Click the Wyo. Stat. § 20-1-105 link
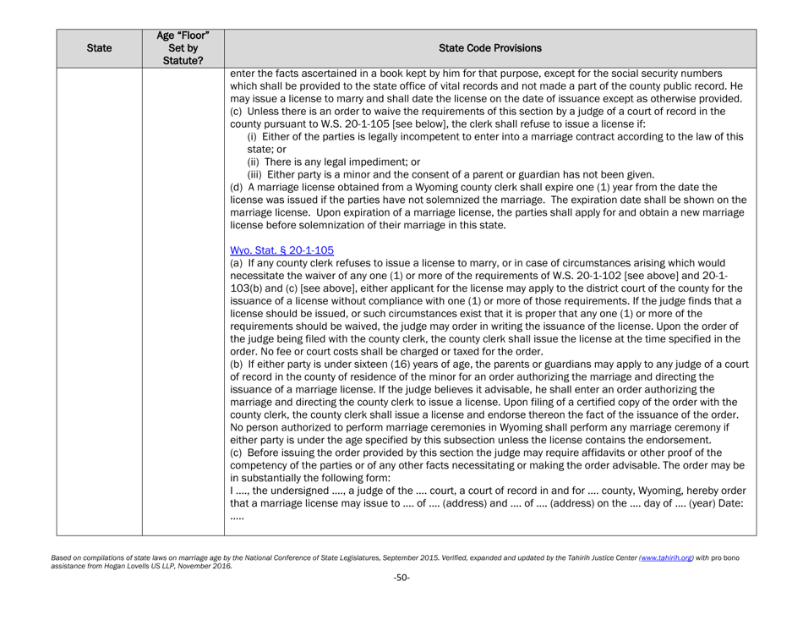(x=281, y=250)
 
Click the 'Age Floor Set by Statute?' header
(x=183, y=49)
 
